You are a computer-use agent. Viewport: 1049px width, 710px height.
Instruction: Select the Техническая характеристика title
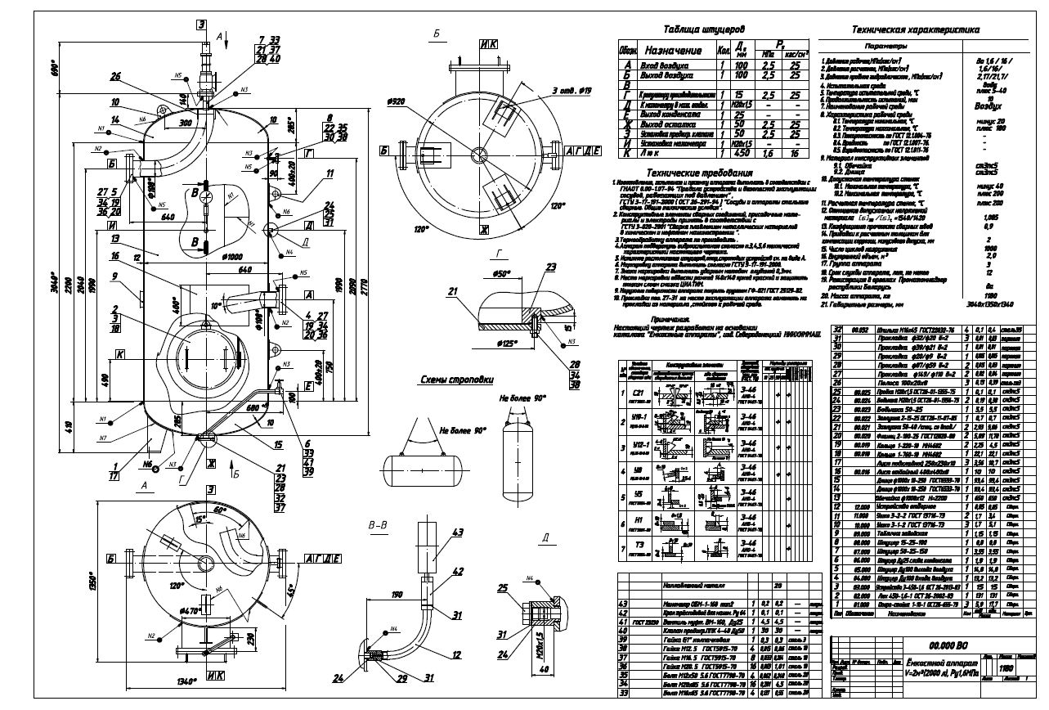(x=915, y=29)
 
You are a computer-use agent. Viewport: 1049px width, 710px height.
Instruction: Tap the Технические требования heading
(x=697, y=173)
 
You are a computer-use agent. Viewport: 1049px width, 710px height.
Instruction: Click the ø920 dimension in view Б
(x=396, y=101)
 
